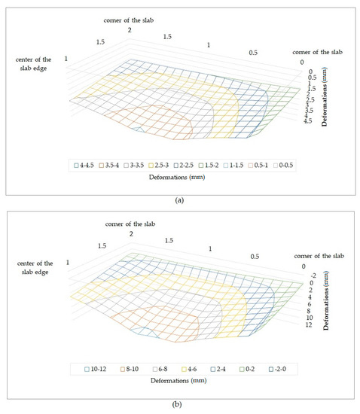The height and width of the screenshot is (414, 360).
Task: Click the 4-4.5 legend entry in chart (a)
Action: point(84,164)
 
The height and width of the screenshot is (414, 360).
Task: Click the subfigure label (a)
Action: point(179,200)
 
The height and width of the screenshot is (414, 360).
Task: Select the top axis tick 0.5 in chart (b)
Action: point(255,256)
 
